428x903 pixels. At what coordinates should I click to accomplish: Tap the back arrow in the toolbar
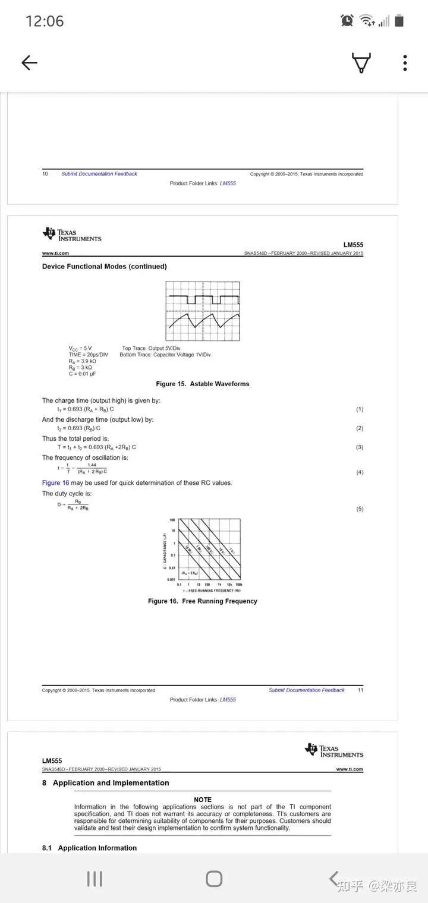tap(29, 63)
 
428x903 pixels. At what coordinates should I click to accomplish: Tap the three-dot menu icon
tap(405, 63)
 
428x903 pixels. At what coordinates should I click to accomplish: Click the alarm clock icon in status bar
tap(347, 21)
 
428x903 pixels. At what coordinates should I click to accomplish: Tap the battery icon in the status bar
tap(399, 21)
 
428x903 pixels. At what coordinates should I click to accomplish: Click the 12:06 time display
tap(45, 21)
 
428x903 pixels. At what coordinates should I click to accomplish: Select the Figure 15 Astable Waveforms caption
tap(203, 384)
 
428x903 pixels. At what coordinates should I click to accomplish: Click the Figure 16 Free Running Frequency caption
tap(203, 601)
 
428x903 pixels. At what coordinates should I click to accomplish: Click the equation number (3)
tap(359, 447)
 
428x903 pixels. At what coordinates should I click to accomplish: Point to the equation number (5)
tap(359, 509)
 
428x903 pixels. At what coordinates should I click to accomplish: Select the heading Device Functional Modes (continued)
tap(104, 267)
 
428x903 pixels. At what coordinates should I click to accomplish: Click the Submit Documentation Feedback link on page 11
tap(307, 690)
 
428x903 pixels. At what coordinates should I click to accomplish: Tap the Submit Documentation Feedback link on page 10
tap(99, 174)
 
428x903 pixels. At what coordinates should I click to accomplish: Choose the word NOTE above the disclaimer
tap(203, 800)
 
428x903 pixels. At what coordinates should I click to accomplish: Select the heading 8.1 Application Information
tap(89, 848)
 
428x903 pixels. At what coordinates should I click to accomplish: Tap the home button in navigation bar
tap(214, 879)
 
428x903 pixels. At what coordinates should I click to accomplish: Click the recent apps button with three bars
tap(95, 879)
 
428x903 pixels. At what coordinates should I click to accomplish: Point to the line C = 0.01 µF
tap(82, 374)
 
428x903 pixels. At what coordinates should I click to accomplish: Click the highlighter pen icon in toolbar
tap(361, 63)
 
